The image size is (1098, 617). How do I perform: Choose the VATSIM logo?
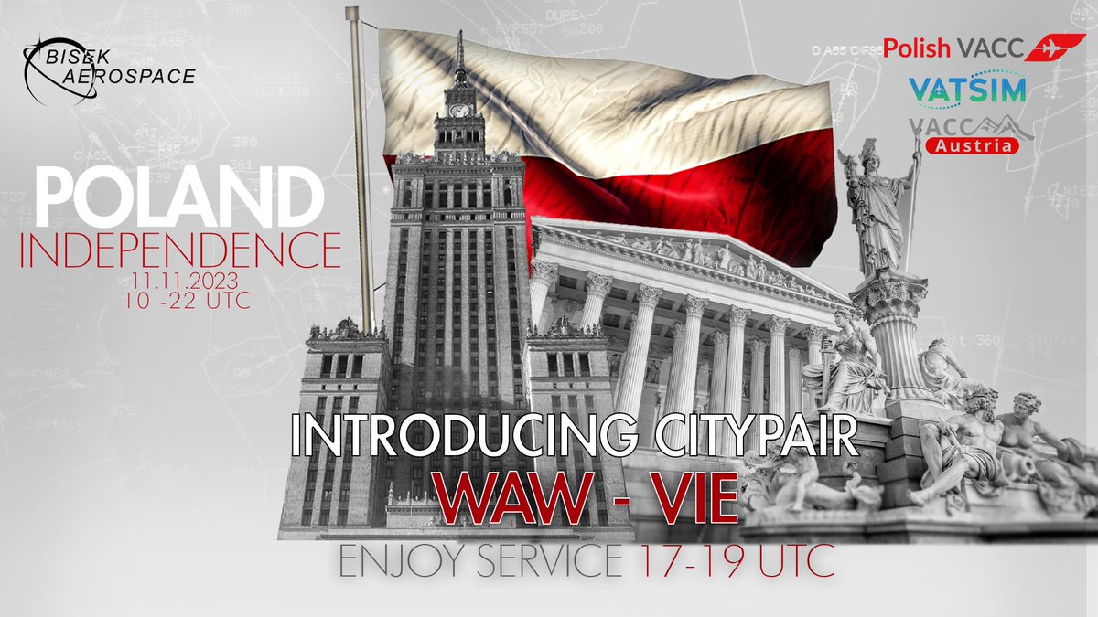[966, 89]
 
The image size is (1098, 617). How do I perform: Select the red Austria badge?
[972, 145]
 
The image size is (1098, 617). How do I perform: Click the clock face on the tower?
[459, 111]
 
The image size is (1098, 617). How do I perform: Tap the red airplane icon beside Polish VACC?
[1051, 48]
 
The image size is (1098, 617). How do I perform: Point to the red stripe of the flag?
[640, 183]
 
